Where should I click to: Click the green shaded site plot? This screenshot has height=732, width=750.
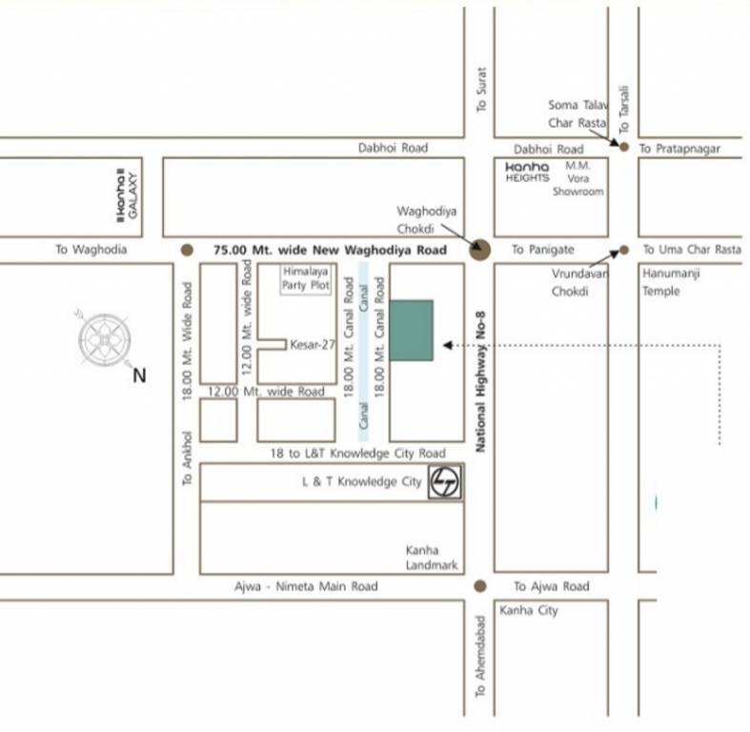coord(411,330)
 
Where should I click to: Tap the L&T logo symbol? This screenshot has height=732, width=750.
coord(444,482)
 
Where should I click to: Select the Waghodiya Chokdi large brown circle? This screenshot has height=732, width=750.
coord(480,250)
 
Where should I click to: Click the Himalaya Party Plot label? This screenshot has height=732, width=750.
coord(306,278)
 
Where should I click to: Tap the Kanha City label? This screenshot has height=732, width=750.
coord(528,610)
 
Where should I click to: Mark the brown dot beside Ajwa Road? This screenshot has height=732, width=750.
coord(480,586)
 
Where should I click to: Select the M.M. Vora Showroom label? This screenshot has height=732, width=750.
coord(578,177)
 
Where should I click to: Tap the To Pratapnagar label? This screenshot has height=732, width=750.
coord(679,149)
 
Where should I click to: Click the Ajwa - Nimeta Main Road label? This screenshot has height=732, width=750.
coord(306,587)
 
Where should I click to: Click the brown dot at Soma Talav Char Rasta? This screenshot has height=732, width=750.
coord(624,147)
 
